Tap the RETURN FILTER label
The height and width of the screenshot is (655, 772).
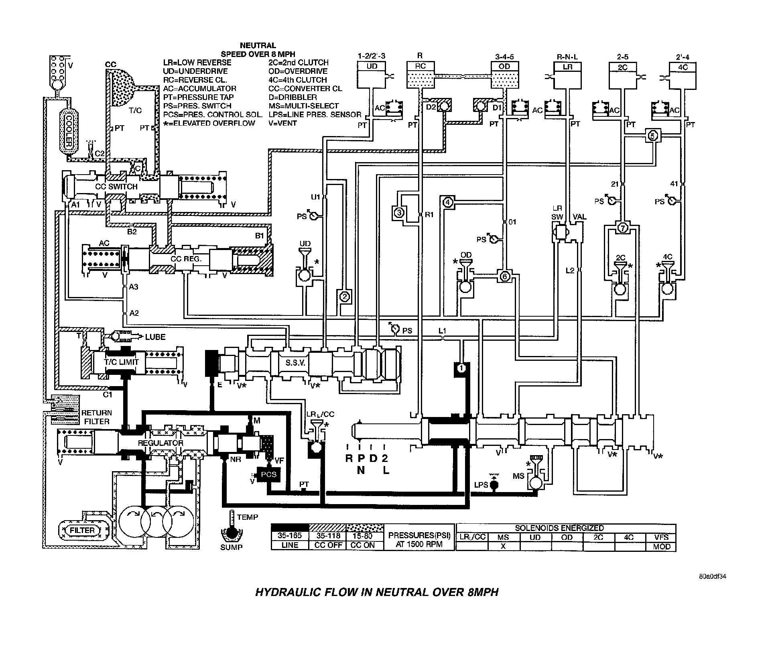tap(97, 417)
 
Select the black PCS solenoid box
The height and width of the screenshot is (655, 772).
tap(268, 474)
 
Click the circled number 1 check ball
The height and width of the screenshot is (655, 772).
tap(461, 368)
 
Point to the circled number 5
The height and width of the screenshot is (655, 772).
tap(652, 136)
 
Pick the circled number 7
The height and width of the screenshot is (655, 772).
tap(623, 228)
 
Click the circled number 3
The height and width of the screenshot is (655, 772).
tap(398, 213)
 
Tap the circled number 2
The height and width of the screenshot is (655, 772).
tap(345, 297)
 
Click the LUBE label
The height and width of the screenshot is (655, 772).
tap(155, 337)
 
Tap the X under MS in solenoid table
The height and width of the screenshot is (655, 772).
tap(503, 547)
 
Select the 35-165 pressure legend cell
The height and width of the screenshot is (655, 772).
tap(290, 536)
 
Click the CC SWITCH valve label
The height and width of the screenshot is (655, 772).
tap(116, 187)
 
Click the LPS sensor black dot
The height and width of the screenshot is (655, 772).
tap(494, 485)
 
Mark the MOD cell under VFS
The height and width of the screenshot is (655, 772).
tap(661, 547)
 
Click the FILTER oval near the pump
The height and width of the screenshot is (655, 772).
tap(82, 530)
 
